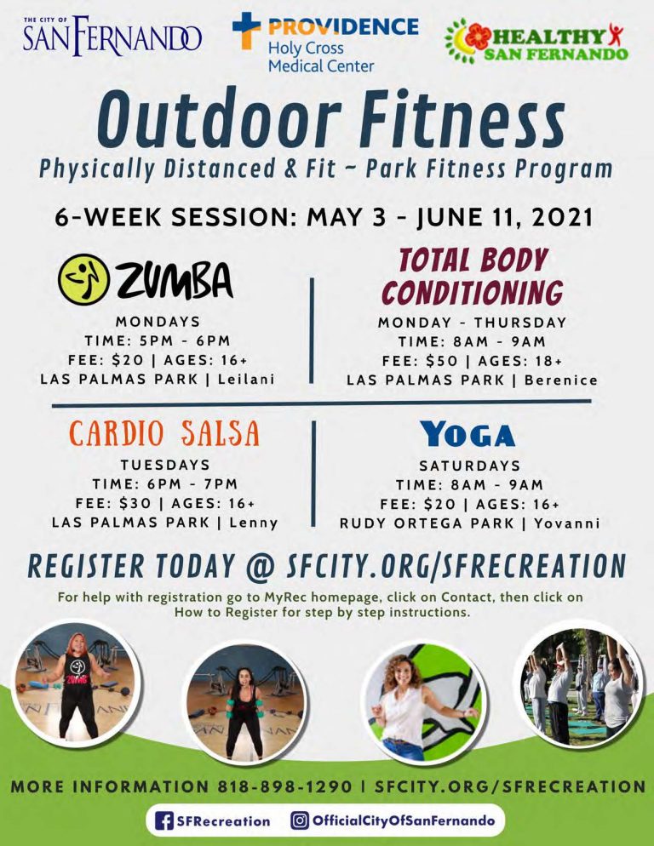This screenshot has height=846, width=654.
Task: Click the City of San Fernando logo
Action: click(112, 36)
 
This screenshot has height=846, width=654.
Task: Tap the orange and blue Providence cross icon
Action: click(246, 31)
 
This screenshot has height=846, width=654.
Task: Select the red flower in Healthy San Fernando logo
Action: click(478, 37)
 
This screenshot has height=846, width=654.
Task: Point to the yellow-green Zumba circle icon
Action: click(83, 279)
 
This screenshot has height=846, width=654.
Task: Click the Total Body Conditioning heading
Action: click(473, 277)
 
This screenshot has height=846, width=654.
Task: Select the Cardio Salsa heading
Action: click(164, 433)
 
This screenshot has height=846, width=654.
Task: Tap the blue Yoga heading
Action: click(468, 434)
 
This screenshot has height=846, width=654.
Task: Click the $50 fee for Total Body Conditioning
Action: click(442, 361)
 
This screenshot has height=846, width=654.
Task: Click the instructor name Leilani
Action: click(246, 379)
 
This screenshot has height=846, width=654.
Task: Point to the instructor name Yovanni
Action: click(567, 523)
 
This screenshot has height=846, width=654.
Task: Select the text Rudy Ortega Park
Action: click(427, 523)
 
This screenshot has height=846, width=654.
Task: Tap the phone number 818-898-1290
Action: click(285, 786)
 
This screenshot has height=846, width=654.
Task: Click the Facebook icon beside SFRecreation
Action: click(164, 821)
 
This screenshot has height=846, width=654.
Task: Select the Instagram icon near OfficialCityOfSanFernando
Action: click(300, 820)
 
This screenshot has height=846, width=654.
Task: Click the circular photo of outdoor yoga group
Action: click(579, 687)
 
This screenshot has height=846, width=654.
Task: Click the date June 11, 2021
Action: click(504, 217)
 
